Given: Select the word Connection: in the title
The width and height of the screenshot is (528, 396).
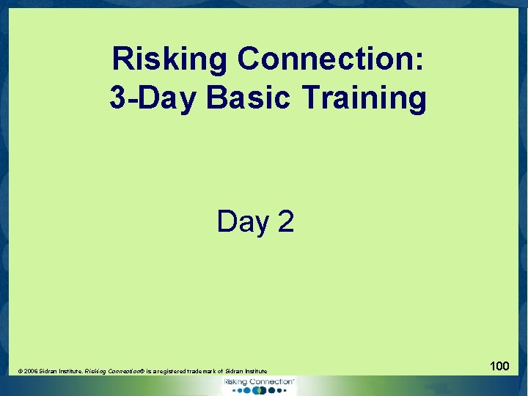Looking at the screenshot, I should (329, 59).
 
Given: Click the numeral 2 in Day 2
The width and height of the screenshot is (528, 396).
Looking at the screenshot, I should (285, 221).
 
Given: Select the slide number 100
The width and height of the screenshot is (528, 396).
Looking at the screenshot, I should (499, 364).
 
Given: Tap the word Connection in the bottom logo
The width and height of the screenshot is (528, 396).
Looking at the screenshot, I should (271, 382).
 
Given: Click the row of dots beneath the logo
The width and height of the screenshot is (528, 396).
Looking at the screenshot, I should (260, 391).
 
